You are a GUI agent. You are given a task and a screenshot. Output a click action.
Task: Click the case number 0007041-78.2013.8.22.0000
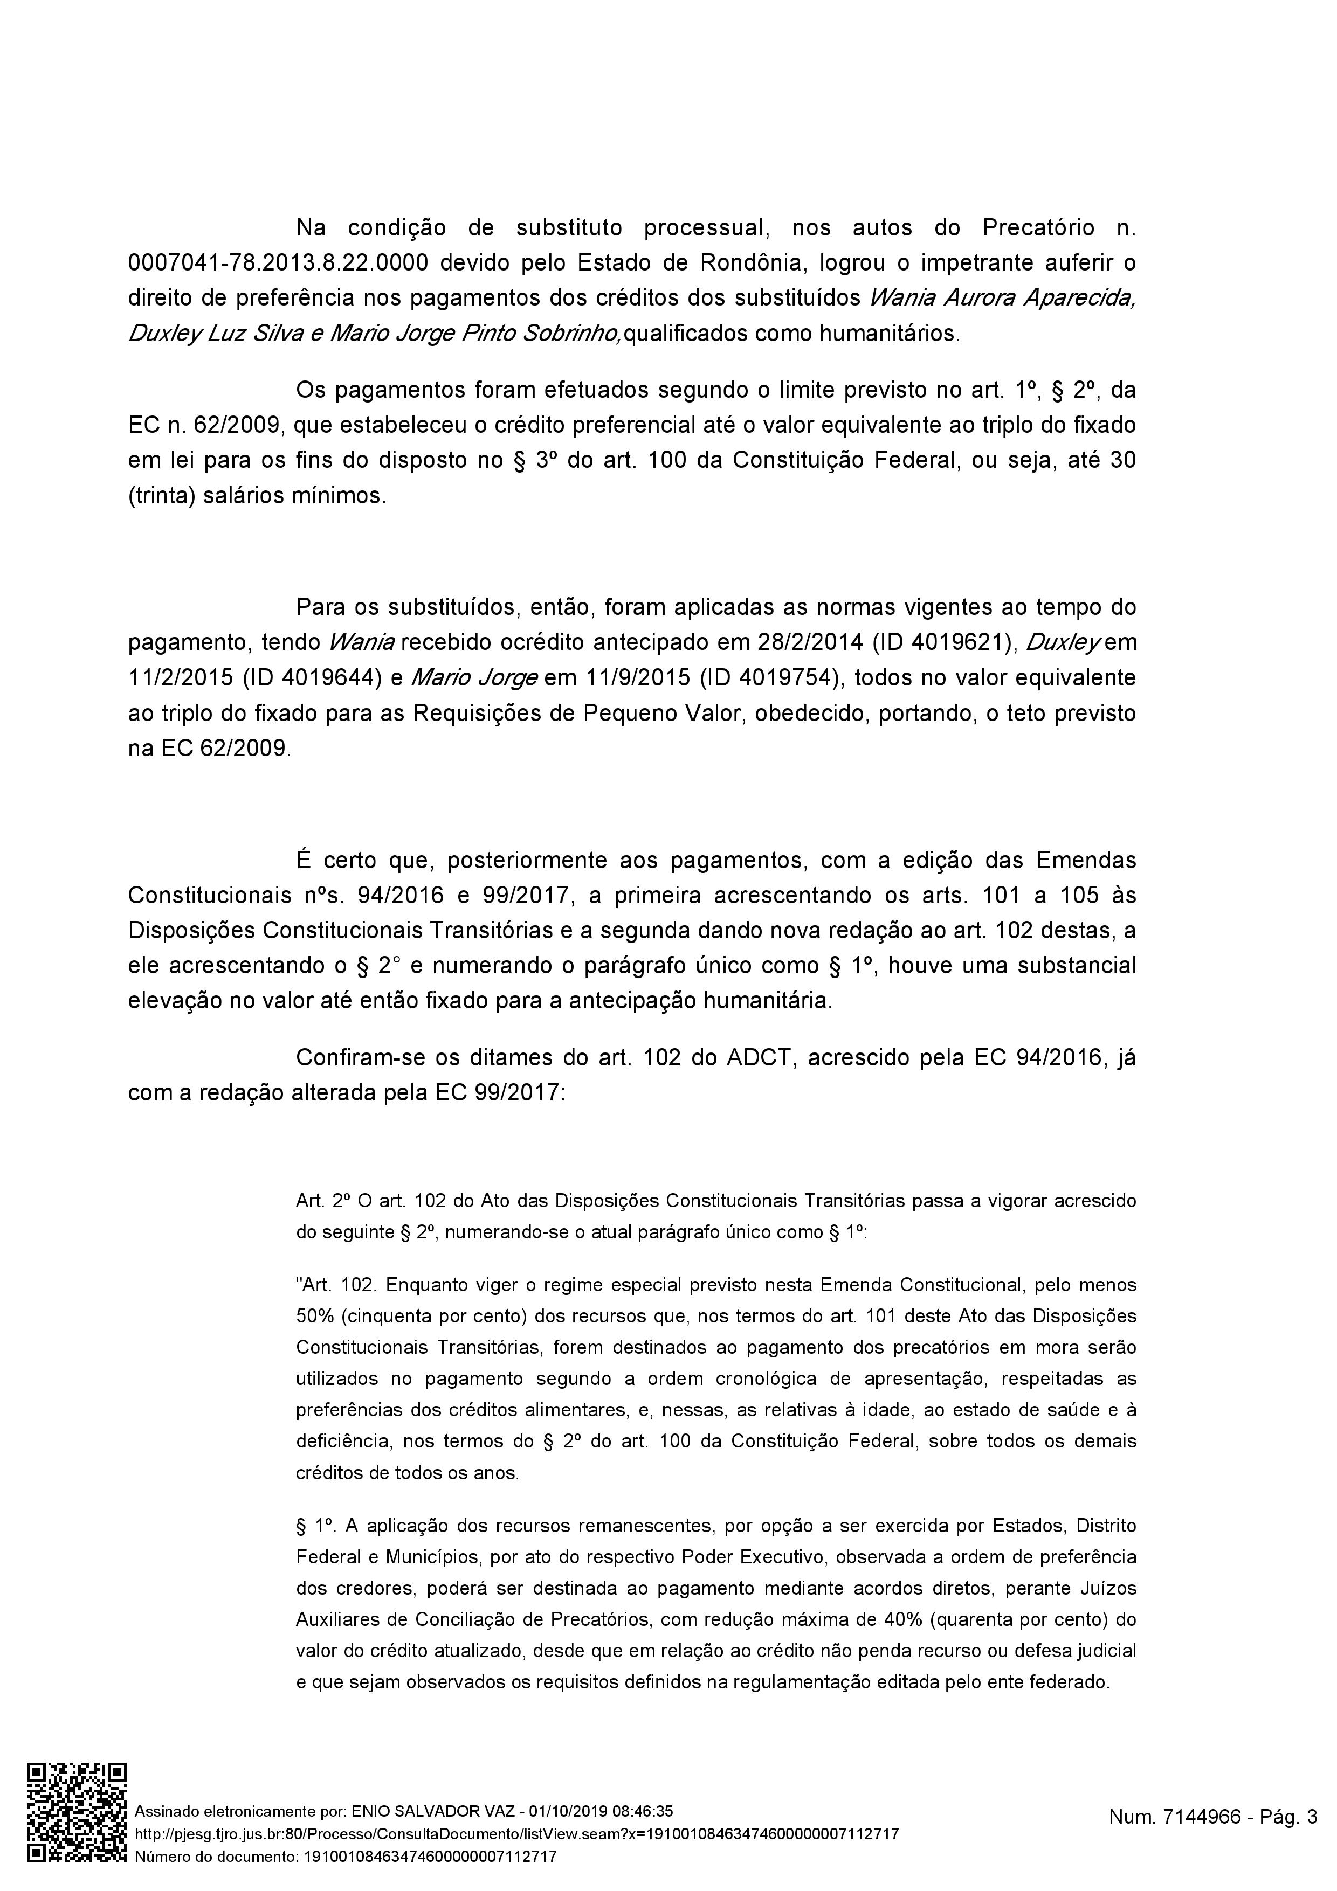[278, 263]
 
